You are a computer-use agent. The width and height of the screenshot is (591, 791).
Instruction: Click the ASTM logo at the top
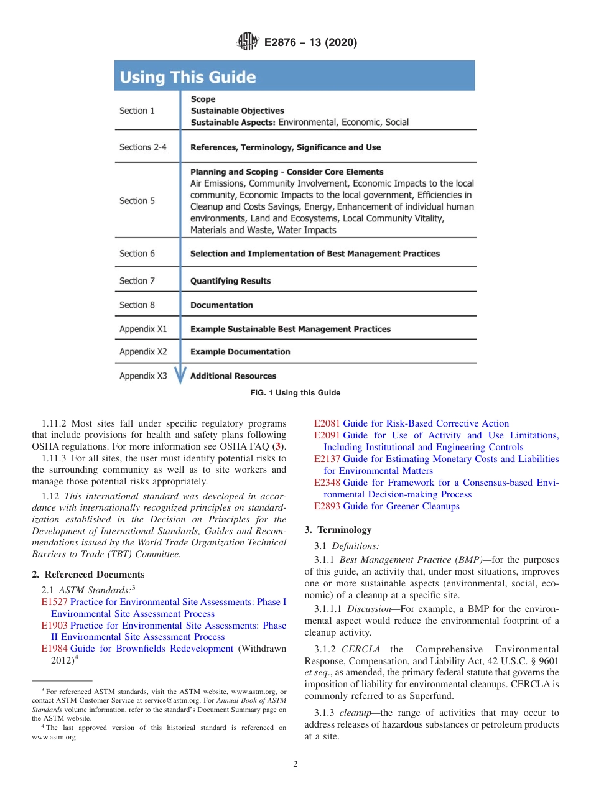[x=248, y=42]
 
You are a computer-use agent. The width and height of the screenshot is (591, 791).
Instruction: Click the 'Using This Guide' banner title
[x=188, y=77]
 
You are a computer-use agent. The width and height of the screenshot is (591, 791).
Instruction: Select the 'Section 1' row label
[x=137, y=111]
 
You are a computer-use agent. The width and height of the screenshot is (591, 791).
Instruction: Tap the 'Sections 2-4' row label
[x=143, y=147]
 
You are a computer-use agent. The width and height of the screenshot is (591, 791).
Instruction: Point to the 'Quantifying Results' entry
[x=230, y=281]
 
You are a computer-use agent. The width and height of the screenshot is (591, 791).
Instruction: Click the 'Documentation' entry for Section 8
[x=221, y=305]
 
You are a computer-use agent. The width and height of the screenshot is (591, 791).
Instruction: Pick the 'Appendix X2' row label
[x=143, y=352]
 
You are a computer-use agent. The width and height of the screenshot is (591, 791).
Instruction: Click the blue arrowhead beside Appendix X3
[x=180, y=376]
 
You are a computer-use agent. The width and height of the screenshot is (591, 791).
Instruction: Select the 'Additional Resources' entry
[x=233, y=376]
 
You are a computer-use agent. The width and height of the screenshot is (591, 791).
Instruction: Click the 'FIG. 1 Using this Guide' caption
[x=295, y=393]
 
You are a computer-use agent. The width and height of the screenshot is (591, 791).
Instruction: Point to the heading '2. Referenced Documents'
[x=88, y=575]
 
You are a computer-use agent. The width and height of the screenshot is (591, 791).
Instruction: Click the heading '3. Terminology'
[x=338, y=530]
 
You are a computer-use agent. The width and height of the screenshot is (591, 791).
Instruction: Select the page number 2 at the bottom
[x=295, y=764]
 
